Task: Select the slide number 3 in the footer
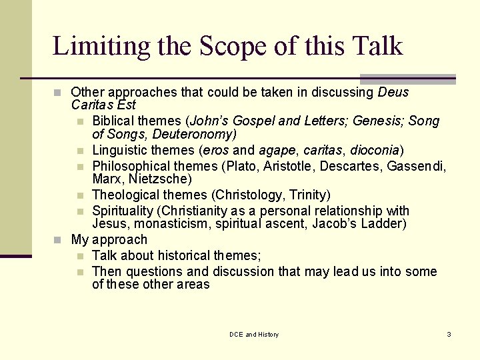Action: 449,334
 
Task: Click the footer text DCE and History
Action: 254,334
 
